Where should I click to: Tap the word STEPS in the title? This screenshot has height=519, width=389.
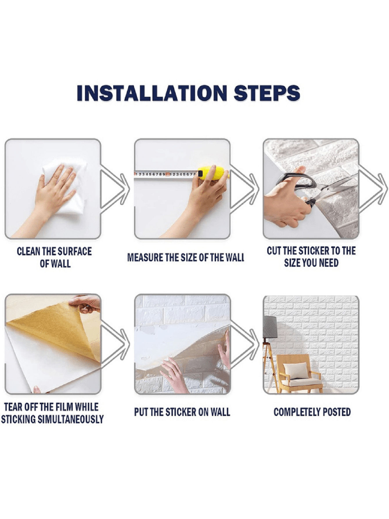click(267, 93)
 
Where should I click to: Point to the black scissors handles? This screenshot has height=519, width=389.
click(298, 186)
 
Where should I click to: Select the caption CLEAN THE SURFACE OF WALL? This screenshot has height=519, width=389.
click(54, 257)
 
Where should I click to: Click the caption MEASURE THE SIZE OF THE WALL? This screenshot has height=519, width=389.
click(186, 257)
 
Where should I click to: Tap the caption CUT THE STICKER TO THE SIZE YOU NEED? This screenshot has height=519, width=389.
click(311, 257)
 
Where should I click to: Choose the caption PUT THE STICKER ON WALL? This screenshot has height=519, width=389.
click(182, 412)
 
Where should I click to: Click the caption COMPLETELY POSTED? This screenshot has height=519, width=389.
click(312, 412)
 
